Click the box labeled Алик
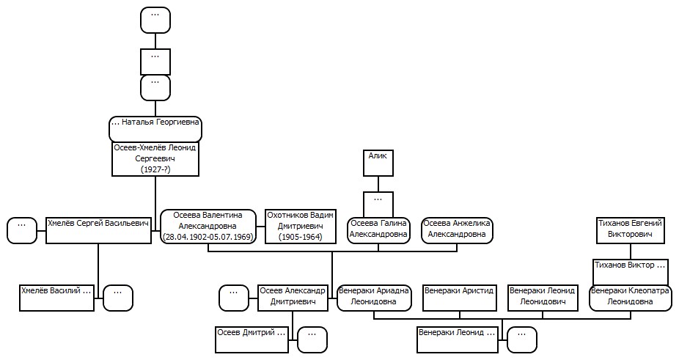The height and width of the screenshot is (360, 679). pos(378,163)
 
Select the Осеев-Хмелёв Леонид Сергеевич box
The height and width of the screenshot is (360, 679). pos(155,158)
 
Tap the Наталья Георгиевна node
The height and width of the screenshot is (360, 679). pos(155,128)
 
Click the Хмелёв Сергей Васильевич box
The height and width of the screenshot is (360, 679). pos(98,230)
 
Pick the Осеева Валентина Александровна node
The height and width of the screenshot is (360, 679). pos(208,226)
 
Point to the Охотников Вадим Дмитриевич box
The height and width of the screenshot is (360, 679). pos(300,226)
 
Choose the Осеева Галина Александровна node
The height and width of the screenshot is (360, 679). pos(378,230)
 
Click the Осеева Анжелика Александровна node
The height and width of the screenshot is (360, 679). pos(457,230)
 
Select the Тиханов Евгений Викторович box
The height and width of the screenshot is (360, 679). pos(630,230)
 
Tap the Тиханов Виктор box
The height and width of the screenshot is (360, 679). pos(630,272)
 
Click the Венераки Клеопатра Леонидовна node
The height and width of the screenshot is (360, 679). pos(630,298)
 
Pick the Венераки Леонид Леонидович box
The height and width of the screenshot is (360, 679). pos(543,298)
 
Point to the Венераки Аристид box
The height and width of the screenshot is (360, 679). pos(460,298)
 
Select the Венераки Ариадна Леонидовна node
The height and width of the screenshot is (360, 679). pos(374,298)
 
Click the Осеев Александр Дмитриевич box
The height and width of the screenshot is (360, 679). pos(293,298)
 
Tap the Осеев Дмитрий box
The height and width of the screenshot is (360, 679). pos(252,339)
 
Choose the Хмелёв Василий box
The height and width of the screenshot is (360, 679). pos(56,298)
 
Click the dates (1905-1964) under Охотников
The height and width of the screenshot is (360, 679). pos(300,237)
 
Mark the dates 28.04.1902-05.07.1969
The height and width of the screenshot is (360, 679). pos(208,237)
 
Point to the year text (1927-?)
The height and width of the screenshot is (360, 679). pos(155,169)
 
